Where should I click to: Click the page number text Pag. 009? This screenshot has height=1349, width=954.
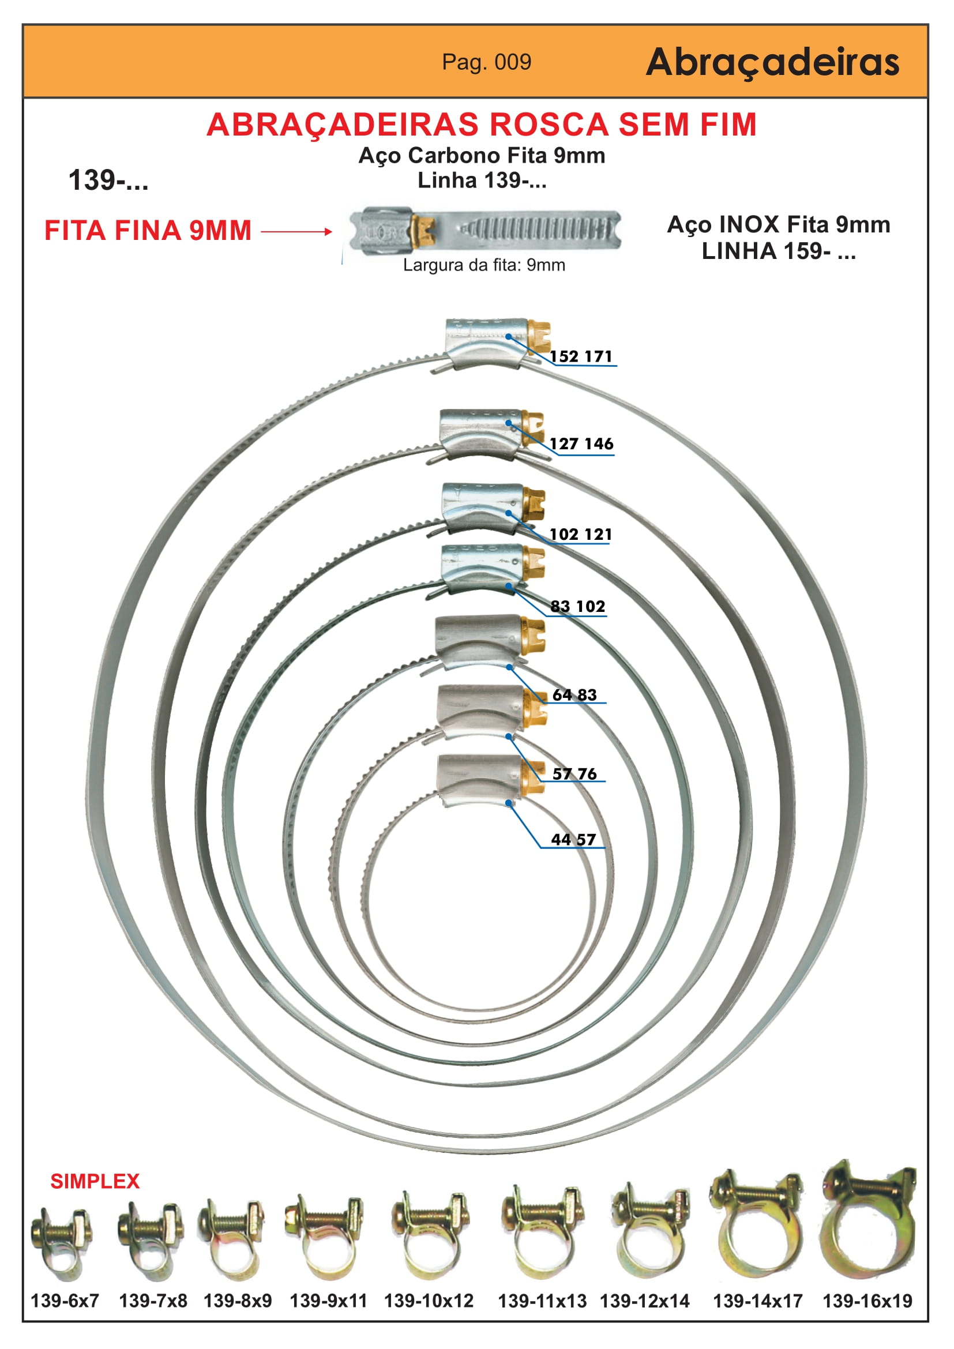click(x=486, y=62)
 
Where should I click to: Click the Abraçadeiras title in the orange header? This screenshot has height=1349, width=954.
click(x=772, y=62)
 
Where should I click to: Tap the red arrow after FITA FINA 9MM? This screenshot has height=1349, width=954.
click(x=296, y=231)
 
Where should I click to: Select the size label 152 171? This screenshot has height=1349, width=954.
click(x=581, y=356)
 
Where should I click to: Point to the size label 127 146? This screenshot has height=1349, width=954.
click(x=581, y=444)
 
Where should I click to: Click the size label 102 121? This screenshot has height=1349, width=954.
click(x=581, y=534)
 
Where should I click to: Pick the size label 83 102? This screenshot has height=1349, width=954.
click(x=578, y=606)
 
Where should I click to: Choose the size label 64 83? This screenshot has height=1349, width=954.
click(x=574, y=694)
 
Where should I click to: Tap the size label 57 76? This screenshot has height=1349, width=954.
click(x=574, y=774)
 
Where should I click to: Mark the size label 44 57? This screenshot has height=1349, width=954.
click(x=573, y=840)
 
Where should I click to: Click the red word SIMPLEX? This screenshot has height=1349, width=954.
click(x=95, y=1182)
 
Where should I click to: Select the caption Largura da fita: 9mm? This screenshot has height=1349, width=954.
click(x=484, y=265)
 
